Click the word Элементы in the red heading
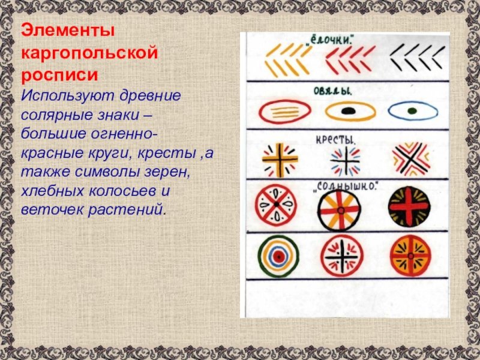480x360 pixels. (68, 31)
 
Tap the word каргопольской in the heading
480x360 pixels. (89, 53)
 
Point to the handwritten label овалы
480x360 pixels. (332, 91)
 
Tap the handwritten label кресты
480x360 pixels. (335, 140)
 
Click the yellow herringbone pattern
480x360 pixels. (288, 61)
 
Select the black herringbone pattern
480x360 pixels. (417, 58)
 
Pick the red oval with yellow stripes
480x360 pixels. (285, 112)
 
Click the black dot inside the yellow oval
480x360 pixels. (349, 110)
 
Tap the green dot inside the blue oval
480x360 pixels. (412, 110)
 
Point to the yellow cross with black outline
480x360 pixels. (280, 160)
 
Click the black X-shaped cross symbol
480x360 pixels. (411, 158)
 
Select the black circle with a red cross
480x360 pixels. (409, 206)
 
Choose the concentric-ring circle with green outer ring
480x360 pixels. (278, 256)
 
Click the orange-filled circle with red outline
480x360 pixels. (410, 256)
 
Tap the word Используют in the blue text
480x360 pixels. (67, 96)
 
